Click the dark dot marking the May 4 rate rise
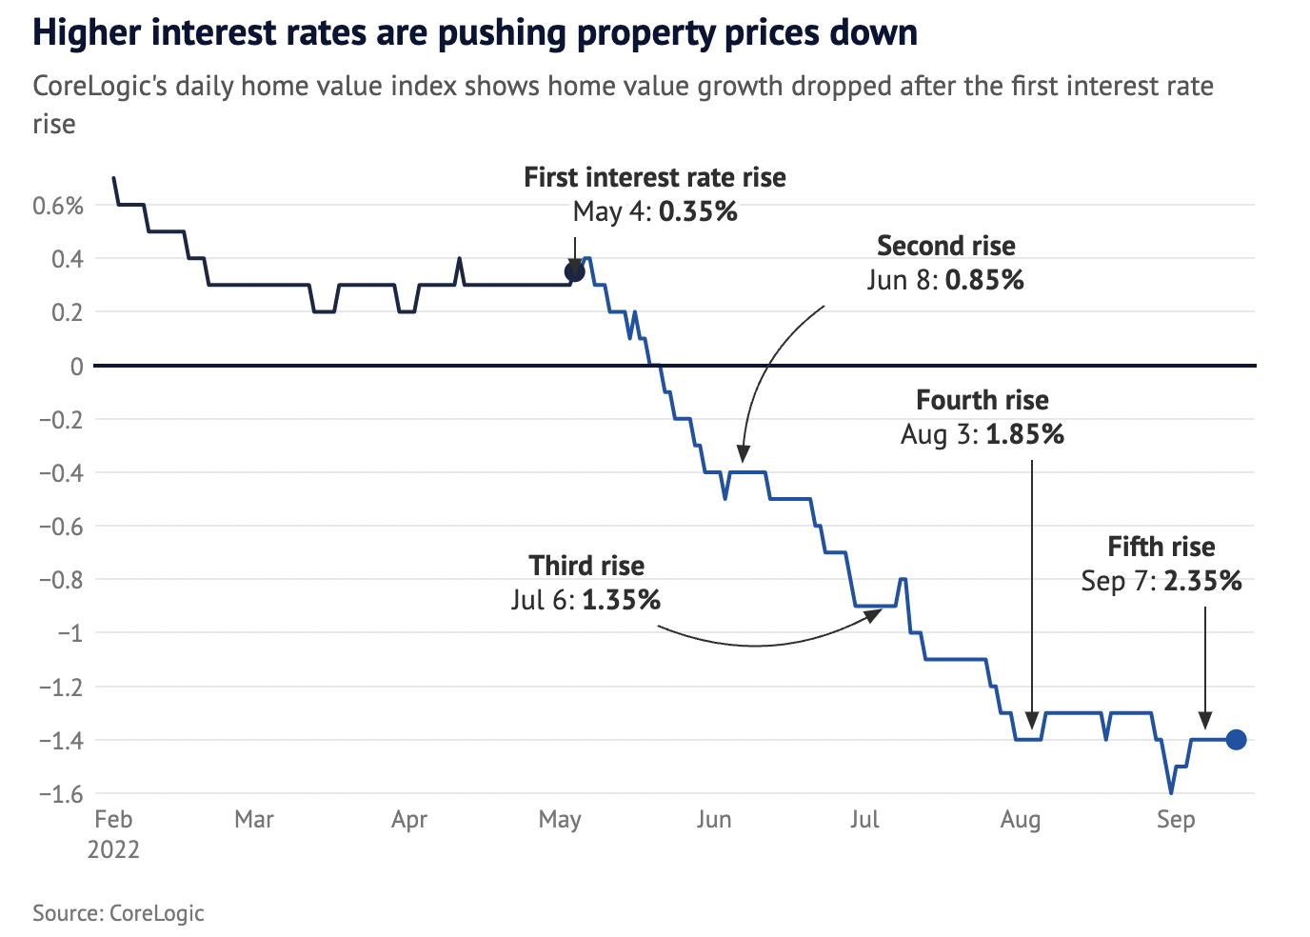click(574, 272)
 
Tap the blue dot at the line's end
click(1236, 740)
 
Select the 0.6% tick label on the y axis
click(58, 206)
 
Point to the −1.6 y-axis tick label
click(60, 793)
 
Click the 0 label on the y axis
click(76, 367)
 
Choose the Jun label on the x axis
click(714, 820)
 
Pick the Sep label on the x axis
click(1176, 820)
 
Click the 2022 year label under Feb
click(113, 849)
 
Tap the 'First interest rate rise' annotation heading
click(655, 178)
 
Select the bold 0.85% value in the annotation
click(984, 280)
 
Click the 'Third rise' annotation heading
click(586, 566)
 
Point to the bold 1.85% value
click(1024, 434)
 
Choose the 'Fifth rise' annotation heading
click(1161, 547)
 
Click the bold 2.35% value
click(1202, 581)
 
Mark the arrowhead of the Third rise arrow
click(874, 614)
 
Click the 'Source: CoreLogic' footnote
click(118, 913)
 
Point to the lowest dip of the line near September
click(1171, 792)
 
